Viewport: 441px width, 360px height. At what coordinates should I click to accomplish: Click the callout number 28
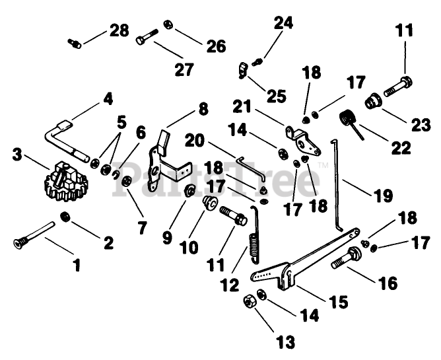[x=119, y=30]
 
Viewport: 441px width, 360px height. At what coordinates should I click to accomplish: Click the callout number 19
[x=383, y=196]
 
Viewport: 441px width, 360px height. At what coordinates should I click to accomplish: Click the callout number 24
[x=283, y=24]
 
